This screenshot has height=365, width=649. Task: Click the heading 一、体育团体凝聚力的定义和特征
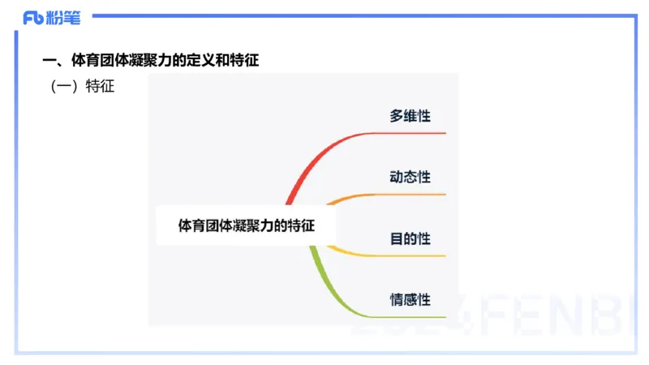click(150, 60)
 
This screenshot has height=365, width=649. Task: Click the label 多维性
click(410, 116)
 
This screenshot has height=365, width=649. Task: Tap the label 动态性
click(410, 177)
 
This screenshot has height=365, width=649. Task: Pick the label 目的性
click(410, 238)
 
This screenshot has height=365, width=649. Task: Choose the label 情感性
click(410, 299)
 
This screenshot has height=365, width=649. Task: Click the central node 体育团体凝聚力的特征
click(246, 226)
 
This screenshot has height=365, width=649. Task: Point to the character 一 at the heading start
click(48, 60)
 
